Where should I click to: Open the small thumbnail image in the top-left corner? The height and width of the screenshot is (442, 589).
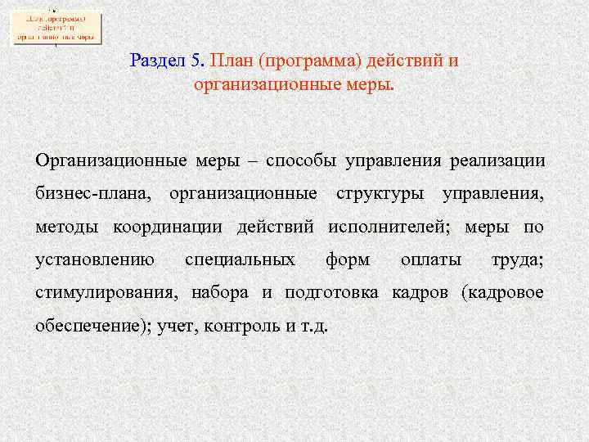tap(56, 26)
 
